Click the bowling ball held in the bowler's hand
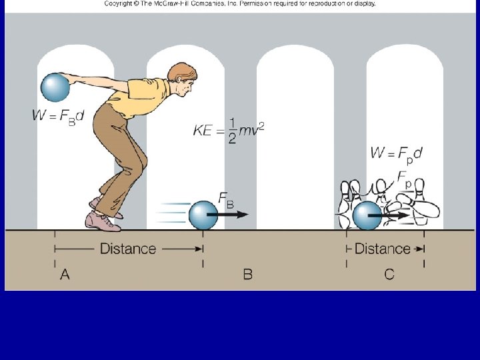tap(55, 87)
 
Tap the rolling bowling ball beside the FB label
tap(203, 215)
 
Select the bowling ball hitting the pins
tap(366, 215)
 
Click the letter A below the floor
tap(65, 274)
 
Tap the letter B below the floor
tap(247, 274)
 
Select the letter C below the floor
tap(389, 274)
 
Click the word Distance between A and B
tap(127, 249)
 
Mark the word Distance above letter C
tap(382, 249)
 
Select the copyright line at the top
tap(240, 4)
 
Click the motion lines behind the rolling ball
tap(170, 213)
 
